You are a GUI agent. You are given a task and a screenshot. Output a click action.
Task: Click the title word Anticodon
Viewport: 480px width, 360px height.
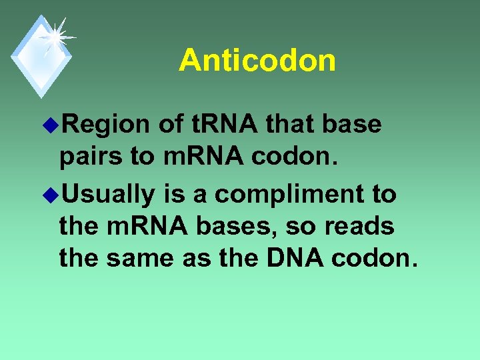coord(257,61)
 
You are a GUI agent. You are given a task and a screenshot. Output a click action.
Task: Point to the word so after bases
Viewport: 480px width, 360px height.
coord(304,226)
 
